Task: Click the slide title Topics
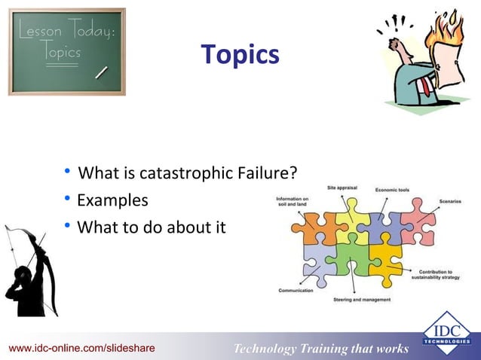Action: click(x=240, y=55)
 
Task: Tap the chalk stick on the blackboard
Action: click(x=100, y=72)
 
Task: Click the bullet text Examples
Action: click(x=112, y=201)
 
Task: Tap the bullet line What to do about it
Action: click(x=151, y=226)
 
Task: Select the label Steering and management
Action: click(x=361, y=300)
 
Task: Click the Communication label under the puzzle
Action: click(x=296, y=290)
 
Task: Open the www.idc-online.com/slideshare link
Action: click(x=81, y=348)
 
